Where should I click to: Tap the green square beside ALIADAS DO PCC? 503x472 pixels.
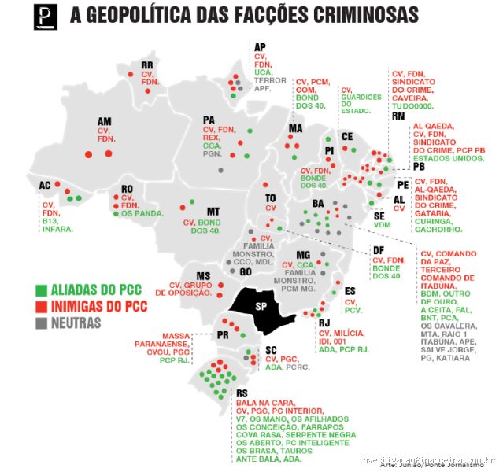[x=41, y=291]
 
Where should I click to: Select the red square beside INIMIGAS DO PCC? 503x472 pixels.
[x=41, y=306]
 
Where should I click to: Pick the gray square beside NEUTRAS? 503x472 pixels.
[x=41, y=322]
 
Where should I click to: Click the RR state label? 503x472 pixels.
[x=146, y=65]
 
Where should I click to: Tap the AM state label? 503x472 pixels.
[x=104, y=121]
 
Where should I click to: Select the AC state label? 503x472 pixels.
[x=44, y=185]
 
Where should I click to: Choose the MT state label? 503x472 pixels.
[x=213, y=211]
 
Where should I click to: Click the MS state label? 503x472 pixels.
[x=203, y=275]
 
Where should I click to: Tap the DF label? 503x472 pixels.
[x=379, y=250]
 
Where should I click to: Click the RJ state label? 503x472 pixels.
[x=323, y=323]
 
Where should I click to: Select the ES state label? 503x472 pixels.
[x=350, y=290]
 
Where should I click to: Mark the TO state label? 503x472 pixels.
[x=270, y=197]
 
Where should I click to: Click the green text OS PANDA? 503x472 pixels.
[x=142, y=213]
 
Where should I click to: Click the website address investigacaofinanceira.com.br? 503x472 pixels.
[x=426, y=460]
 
